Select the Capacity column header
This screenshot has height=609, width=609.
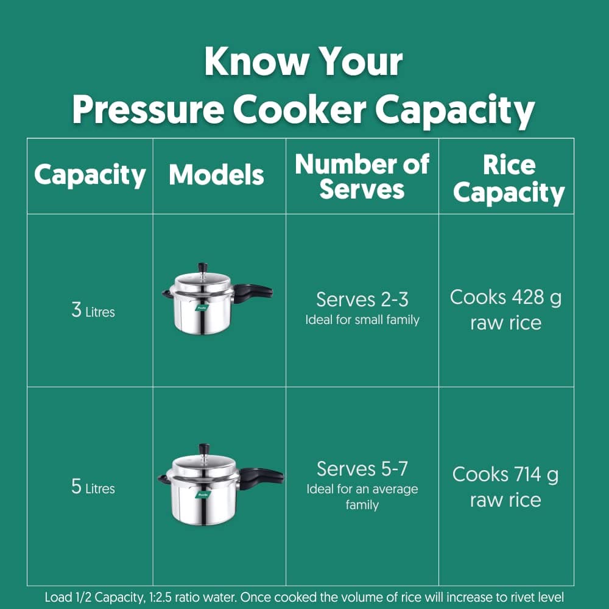click(90, 175)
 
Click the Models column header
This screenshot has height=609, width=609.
click(216, 174)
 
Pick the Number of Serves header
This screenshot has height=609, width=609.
click(362, 177)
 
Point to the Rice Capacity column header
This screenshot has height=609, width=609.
click(509, 179)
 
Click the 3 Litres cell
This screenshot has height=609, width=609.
click(93, 311)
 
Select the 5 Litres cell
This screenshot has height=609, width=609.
click(93, 487)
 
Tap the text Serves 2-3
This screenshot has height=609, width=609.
click(362, 300)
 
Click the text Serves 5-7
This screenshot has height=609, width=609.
click(362, 469)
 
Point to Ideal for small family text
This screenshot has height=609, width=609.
click(362, 320)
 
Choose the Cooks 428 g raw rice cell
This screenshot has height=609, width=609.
click(505, 310)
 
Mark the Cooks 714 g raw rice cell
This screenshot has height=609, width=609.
click(505, 487)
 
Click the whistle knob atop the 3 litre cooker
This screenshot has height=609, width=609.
click(202, 268)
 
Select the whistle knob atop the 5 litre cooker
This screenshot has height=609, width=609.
click(204, 449)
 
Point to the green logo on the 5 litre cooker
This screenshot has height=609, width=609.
click(202, 495)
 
